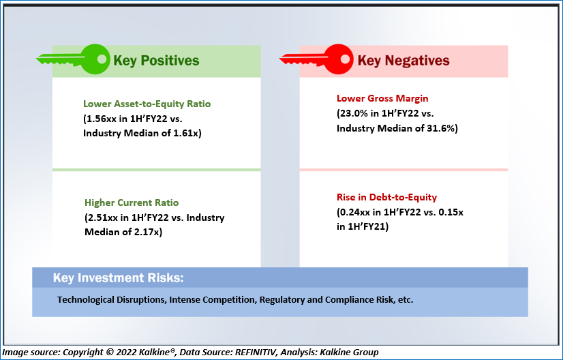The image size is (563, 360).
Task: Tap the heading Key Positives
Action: (156, 61)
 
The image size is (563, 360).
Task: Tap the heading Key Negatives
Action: (404, 61)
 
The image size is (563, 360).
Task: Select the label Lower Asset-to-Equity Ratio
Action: (147, 104)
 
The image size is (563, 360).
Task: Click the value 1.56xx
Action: (102, 119)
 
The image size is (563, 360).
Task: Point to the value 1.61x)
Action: (187, 133)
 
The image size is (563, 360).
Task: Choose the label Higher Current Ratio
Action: (132, 202)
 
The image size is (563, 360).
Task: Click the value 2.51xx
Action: (103, 217)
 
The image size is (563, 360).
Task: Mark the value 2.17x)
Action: (148, 232)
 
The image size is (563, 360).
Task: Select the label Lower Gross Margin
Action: (382, 98)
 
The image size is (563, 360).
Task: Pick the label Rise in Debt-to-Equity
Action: (386, 197)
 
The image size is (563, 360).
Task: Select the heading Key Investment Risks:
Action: (118, 277)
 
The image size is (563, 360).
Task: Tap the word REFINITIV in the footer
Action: (256, 352)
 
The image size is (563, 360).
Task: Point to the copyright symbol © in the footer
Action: (110, 352)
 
